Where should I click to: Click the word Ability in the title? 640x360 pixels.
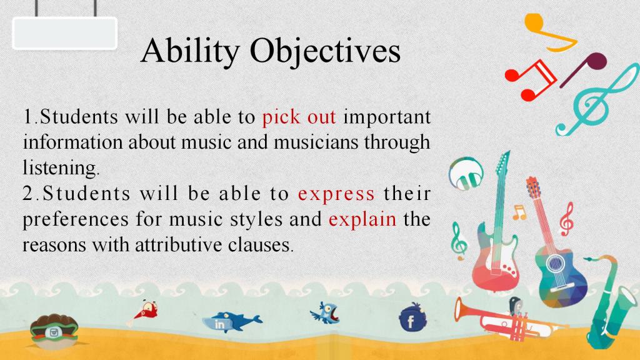coord(190,52)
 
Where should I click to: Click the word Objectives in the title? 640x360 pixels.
coord(325,52)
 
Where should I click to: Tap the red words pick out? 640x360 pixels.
coord(299,117)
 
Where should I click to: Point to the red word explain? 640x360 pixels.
coord(362,219)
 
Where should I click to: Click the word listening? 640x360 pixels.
coord(61,167)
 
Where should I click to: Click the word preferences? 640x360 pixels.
coord(76,219)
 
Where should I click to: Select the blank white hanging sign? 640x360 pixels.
coord(65,33)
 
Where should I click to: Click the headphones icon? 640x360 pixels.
coord(466,174)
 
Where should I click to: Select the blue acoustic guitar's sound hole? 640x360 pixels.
coord(555,263)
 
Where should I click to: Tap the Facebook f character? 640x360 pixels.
coord(411,322)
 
